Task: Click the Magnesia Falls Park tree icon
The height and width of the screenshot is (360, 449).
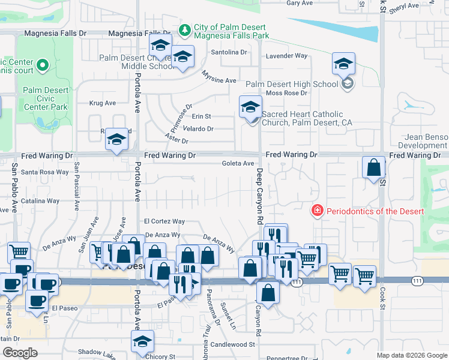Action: tap(185, 29)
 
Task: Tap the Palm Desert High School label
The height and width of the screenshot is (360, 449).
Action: tap(292, 84)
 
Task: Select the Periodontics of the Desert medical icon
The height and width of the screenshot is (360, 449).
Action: tap(316, 211)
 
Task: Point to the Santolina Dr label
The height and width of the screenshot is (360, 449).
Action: tap(229, 52)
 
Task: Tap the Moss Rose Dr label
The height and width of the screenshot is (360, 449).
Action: tap(286, 93)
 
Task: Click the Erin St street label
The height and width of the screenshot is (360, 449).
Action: tap(201, 116)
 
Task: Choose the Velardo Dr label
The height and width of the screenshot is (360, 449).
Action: tap(199, 129)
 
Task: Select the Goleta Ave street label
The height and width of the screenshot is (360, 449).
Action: tap(238, 163)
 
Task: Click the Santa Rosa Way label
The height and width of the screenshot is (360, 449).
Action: tap(45, 172)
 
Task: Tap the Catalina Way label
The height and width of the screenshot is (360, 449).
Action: tap(41, 201)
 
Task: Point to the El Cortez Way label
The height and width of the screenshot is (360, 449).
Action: tap(164, 221)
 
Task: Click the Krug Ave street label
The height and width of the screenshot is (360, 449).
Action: tap(102, 103)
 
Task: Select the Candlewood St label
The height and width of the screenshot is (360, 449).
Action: tap(232, 345)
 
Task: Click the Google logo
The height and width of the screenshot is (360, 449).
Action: tap(20, 353)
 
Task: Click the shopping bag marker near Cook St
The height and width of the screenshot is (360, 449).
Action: tap(374, 168)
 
